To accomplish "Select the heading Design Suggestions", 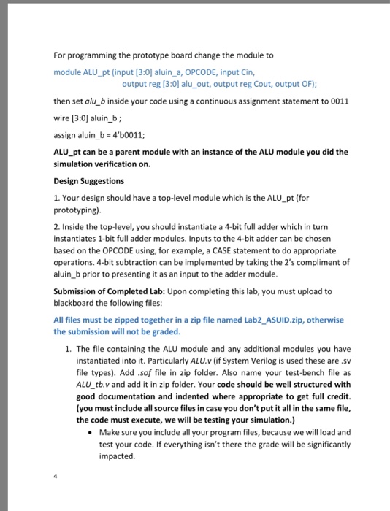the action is pos(90,180).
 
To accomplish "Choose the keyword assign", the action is pos(66,134).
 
